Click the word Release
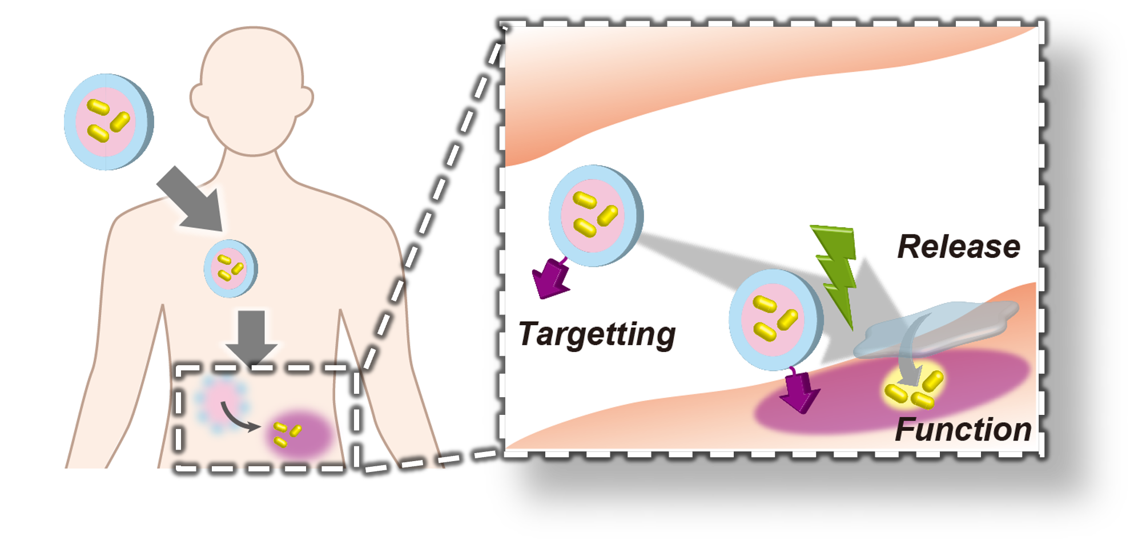click(x=959, y=247)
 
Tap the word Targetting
click(x=597, y=333)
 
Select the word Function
click(x=963, y=429)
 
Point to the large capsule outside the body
click(x=108, y=122)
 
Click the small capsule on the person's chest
click(x=231, y=268)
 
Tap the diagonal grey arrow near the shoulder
click(x=191, y=199)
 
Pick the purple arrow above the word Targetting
click(x=551, y=278)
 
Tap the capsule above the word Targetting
click(x=595, y=216)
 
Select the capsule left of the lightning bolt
click(x=775, y=320)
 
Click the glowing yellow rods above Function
click(x=914, y=389)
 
